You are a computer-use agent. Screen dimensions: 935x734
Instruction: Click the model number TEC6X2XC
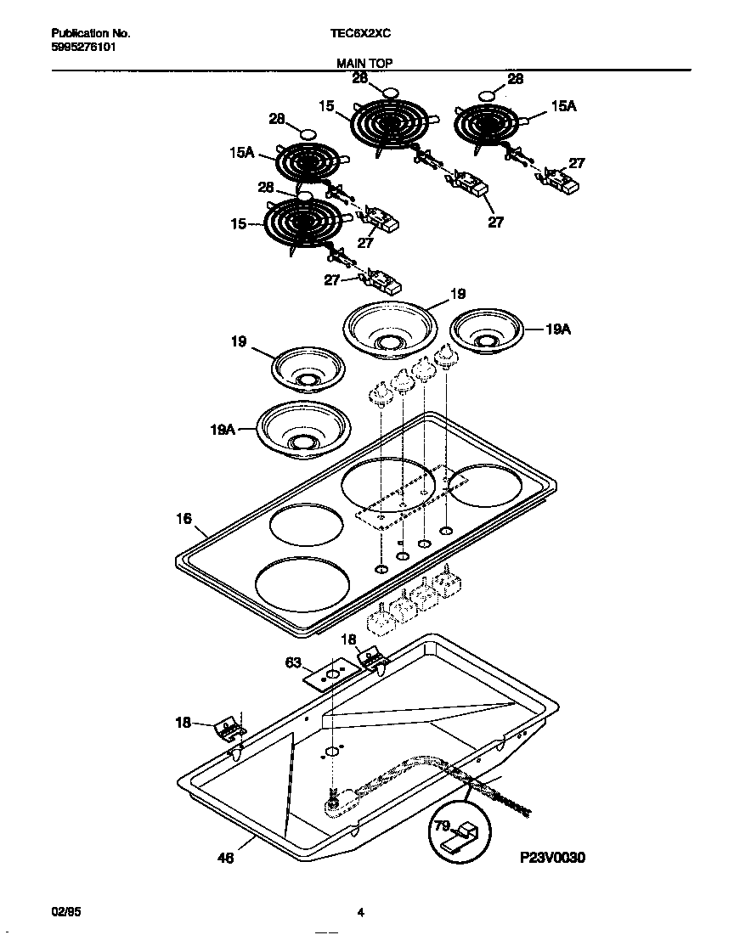click(x=361, y=34)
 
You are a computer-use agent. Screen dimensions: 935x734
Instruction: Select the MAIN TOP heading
click(x=364, y=63)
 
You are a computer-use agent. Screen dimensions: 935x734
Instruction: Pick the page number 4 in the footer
click(x=360, y=913)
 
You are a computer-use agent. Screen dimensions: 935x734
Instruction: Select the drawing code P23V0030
click(x=553, y=858)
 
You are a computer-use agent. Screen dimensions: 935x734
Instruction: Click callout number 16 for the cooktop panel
click(x=184, y=518)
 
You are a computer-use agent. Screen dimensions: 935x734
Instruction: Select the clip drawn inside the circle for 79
click(x=462, y=836)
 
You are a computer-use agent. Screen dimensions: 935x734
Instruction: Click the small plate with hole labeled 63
click(x=330, y=675)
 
